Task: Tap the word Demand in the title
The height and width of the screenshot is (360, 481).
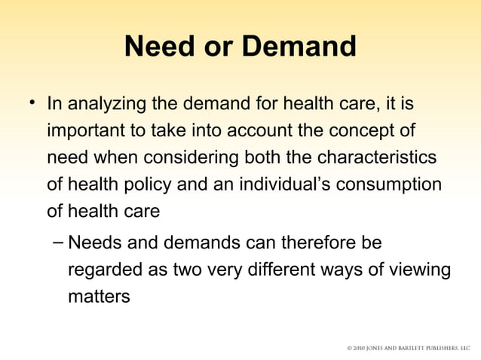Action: pyautogui.click(x=299, y=47)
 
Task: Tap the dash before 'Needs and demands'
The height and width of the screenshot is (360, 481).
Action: pyautogui.click(x=58, y=243)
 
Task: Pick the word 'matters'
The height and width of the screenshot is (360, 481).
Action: pyautogui.click(x=99, y=297)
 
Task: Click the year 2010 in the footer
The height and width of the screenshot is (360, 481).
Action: pyautogui.click(x=362, y=349)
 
